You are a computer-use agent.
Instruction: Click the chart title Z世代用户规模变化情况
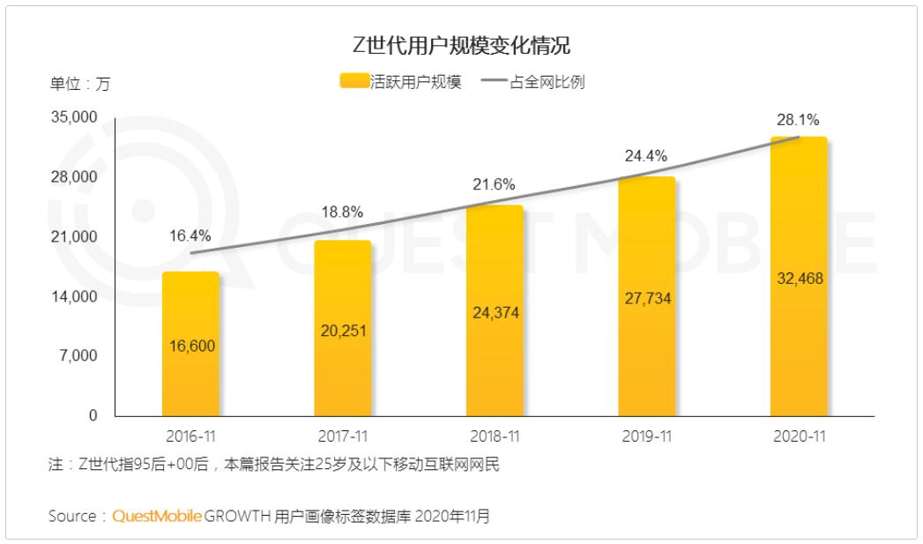pyautogui.click(x=461, y=46)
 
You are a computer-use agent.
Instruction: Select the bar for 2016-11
pyautogui.click(x=190, y=344)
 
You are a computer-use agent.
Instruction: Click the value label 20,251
pyautogui.click(x=343, y=332)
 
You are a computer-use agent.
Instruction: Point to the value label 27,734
pyautogui.click(x=647, y=299)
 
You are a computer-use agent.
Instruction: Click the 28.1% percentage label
pyautogui.click(x=798, y=121)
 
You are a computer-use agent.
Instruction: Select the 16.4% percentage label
pyautogui.click(x=190, y=235)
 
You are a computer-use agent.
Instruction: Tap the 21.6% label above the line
pyautogui.click(x=495, y=185)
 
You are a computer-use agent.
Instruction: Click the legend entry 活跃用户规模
pyautogui.click(x=401, y=83)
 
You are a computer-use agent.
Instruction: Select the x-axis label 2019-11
pyautogui.click(x=647, y=436)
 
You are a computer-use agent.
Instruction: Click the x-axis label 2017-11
pyautogui.click(x=343, y=436)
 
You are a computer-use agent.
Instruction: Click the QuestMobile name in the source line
pyautogui.click(x=157, y=516)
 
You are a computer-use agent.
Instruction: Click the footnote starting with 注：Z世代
pyautogui.click(x=273, y=465)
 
